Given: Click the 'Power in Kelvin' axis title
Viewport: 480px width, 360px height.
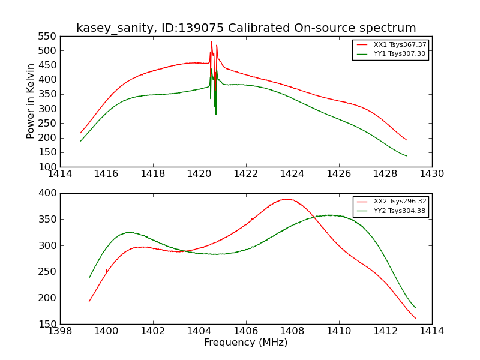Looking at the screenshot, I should (31, 101).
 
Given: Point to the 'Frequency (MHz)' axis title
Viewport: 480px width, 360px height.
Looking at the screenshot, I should (245, 343).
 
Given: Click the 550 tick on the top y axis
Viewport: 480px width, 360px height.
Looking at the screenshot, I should (49, 36).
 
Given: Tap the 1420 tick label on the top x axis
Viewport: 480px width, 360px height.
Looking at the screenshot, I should (199, 174).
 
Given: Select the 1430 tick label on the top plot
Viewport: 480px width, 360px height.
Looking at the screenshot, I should (431, 174).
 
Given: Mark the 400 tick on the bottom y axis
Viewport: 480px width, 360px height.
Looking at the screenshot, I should (49, 193).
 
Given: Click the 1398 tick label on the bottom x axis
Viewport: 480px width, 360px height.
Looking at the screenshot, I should (60, 331).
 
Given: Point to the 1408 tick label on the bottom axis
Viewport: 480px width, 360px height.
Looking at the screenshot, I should (292, 331).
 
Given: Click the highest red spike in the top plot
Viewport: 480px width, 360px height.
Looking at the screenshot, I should (211, 41).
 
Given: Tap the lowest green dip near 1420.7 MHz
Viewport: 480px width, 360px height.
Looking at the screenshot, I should (216, 114).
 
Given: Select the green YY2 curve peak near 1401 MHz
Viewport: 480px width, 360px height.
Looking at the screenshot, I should (128, 232).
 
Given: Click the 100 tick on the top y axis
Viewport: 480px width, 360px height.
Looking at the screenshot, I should (49, 167).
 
